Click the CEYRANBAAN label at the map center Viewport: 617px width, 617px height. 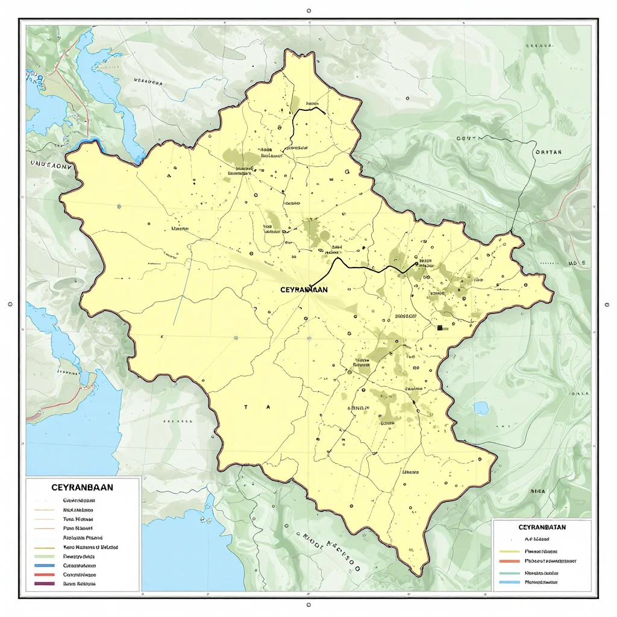pos(304,289)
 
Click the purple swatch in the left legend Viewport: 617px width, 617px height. pos(45,584)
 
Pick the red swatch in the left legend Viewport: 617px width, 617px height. pos(45,575)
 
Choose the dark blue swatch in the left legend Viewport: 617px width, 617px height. pos(45,566)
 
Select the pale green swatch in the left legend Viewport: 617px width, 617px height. pos(45,556)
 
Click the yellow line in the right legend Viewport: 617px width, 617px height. pos(510,551)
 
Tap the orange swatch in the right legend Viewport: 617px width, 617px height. pos(510,560)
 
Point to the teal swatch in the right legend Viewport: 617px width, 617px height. pos(510,573)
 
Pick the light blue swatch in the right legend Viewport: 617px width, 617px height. pos(510,583)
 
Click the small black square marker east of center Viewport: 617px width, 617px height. pos(440,327)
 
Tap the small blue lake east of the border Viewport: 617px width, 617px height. pos(481,409)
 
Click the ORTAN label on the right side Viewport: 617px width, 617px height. pos(548,152)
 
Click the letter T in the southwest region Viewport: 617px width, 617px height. pos(246,407)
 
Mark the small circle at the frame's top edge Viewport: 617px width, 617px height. pos(308,11)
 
